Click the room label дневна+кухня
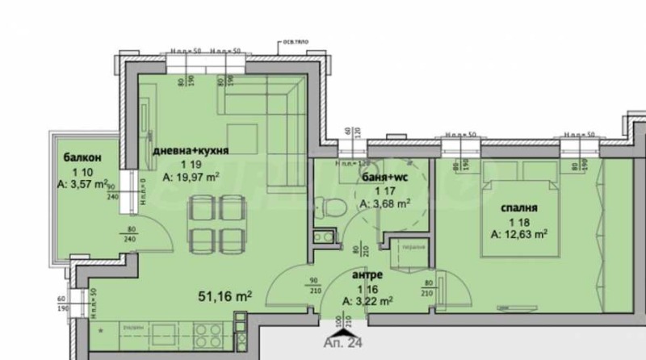(191, 150)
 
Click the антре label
(367, 274)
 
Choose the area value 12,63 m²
(520, 235)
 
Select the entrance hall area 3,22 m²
(369, 301)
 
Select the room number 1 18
(518, 222)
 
